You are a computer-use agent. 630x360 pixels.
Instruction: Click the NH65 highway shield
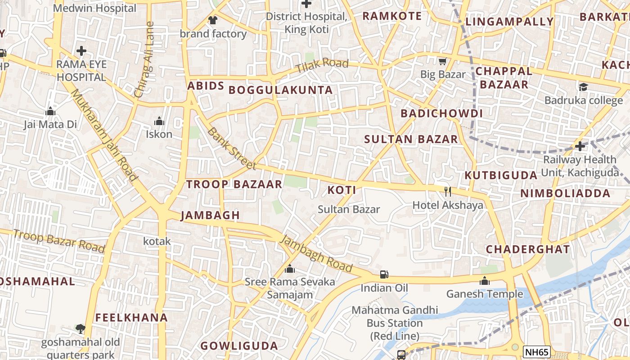click(537, 352)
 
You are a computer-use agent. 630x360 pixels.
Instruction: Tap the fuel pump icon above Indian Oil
click(384, 274)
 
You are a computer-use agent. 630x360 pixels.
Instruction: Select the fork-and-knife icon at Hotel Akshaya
click(448, 192)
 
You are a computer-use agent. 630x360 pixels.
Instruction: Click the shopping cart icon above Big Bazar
click(443, 61)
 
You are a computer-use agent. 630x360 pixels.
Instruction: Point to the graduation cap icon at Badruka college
click(583, 87)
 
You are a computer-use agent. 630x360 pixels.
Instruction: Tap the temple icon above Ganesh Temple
click(485, 281)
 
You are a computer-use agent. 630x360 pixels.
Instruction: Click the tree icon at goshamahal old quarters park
click(81, 329)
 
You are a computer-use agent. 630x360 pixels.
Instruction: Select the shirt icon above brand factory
click(213, 20)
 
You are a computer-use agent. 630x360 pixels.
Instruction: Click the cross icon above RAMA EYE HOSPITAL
click(81, 50)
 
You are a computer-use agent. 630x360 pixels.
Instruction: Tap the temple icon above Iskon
click(159, 121)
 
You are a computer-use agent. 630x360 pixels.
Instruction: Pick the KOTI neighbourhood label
click(342, 190)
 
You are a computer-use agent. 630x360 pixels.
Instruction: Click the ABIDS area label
click(206, 85)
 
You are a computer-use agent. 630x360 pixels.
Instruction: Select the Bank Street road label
click(232, 148)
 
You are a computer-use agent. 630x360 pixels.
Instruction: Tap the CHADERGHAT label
click(528, 249)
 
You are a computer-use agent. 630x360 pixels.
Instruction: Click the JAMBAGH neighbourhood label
click(211, 215)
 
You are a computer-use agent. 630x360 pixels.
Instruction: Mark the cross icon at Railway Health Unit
click(580, 146)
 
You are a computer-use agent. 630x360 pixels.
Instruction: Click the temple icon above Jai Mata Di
click(50, 111)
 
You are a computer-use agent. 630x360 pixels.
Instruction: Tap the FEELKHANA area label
click(131, 317)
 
